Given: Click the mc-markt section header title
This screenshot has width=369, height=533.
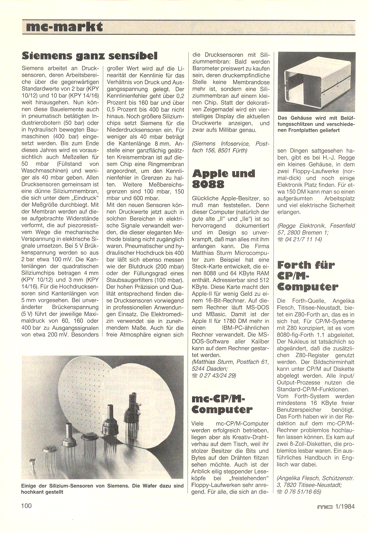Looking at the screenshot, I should pyautogui.click(x=65, y=27).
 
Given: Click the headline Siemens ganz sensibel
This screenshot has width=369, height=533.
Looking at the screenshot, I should pyautogui.click(x=90, y=56).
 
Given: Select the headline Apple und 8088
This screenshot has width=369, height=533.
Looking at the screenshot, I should pyautogui.click(x=223, y=179).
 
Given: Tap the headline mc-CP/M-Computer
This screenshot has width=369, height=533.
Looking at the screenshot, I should pyautogui.click(x=222, y=404).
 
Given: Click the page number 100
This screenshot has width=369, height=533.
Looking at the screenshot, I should pyautogui.click(x=26, y=506).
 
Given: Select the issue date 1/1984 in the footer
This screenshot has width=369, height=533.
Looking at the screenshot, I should pyautogui.click(x=345, y=506).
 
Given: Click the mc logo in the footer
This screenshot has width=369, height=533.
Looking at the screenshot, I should pyautogui.click(x=325, y=507).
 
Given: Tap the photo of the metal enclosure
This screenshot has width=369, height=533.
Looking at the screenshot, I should pyautogui.click(x=316, y=82).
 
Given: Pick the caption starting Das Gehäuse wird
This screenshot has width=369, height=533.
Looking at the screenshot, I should pyautogui.click(x=316, y=124).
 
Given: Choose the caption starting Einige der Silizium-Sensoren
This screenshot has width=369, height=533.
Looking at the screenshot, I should pyautogui.click(x=102, y=489).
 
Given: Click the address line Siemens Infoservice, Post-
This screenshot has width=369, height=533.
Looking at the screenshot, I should pyautogui.click(x=231, y=144).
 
